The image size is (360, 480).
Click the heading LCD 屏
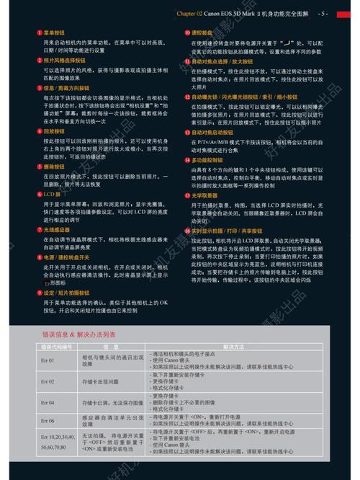53,195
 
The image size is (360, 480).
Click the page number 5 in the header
324,13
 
